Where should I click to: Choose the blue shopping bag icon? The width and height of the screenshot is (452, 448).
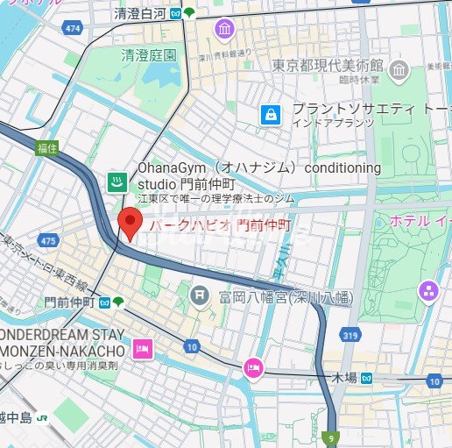272,114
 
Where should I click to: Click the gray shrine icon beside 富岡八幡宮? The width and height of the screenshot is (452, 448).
201,295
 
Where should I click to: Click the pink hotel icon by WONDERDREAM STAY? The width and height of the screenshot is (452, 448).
142,351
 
